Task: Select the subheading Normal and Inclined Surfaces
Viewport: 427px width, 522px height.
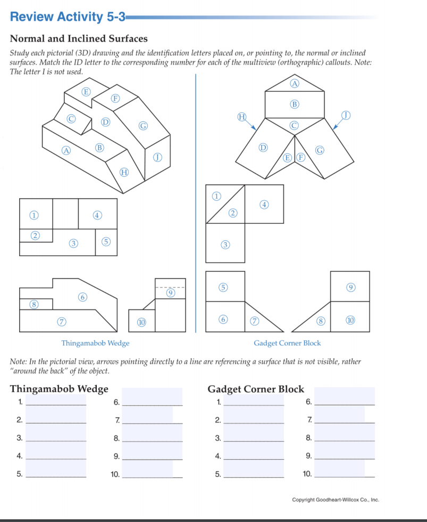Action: click(79, 38)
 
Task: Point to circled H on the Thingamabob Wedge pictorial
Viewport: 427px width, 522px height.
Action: click(124, 172)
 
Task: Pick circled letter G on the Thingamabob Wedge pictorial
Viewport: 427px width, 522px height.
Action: click(142, 126)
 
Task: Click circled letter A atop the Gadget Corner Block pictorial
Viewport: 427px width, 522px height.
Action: click(295, 83)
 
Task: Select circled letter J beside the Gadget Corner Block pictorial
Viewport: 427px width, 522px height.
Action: click(348, 116)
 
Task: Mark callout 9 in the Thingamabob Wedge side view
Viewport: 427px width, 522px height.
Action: click(170, 292)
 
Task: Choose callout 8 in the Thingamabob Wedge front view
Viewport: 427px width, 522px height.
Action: click(35, 304)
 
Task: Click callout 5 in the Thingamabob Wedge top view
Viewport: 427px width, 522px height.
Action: click(106, 242)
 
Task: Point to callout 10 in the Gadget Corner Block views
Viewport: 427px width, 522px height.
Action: click(350, 320)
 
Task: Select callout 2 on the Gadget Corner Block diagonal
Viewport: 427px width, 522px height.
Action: click(232, 214)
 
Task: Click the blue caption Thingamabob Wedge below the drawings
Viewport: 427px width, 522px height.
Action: click(95, 343)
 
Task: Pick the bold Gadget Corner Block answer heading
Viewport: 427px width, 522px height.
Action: click(256, 389)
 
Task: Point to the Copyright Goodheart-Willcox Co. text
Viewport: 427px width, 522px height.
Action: click(335, 500)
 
